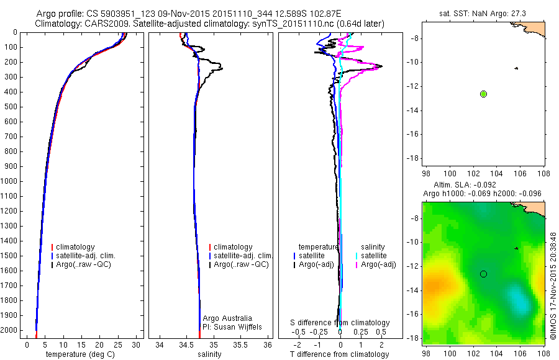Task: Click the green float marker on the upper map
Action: pyautogui.click(x=483, y=94)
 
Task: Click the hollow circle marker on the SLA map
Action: pyautogui.click(x=483, y=274)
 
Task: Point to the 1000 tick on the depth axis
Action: pyautogui.click(x=9, y=181)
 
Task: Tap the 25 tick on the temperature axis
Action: pyautogui.click(x=117, y=345)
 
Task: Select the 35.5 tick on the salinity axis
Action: pyautogui.click(x=240, y=345)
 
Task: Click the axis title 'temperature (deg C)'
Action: pyautogui.click(x=80, y=354)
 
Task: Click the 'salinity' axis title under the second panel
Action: pyautogui.click(x=209, y=354)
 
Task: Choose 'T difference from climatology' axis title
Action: pyautogui.click(x=339, y=354)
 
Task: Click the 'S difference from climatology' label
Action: pyautogui.click(x=340, y=323)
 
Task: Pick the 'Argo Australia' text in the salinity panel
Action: pyautogui.click(x=227, y=318)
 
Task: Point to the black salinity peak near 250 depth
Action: pyautogui.click(x=221, y=68)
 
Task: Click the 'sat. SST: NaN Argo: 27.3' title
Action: pyautogui.click(x=483, y=14)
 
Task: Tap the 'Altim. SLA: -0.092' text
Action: pyautogui.click(x=465, y=185)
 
